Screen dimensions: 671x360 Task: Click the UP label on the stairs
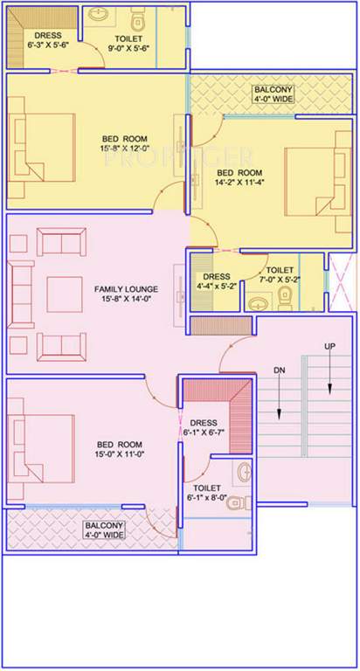coord(330,347)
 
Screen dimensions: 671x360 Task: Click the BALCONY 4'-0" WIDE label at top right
coord(273,94)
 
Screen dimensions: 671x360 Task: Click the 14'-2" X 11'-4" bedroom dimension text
coord(239,182)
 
